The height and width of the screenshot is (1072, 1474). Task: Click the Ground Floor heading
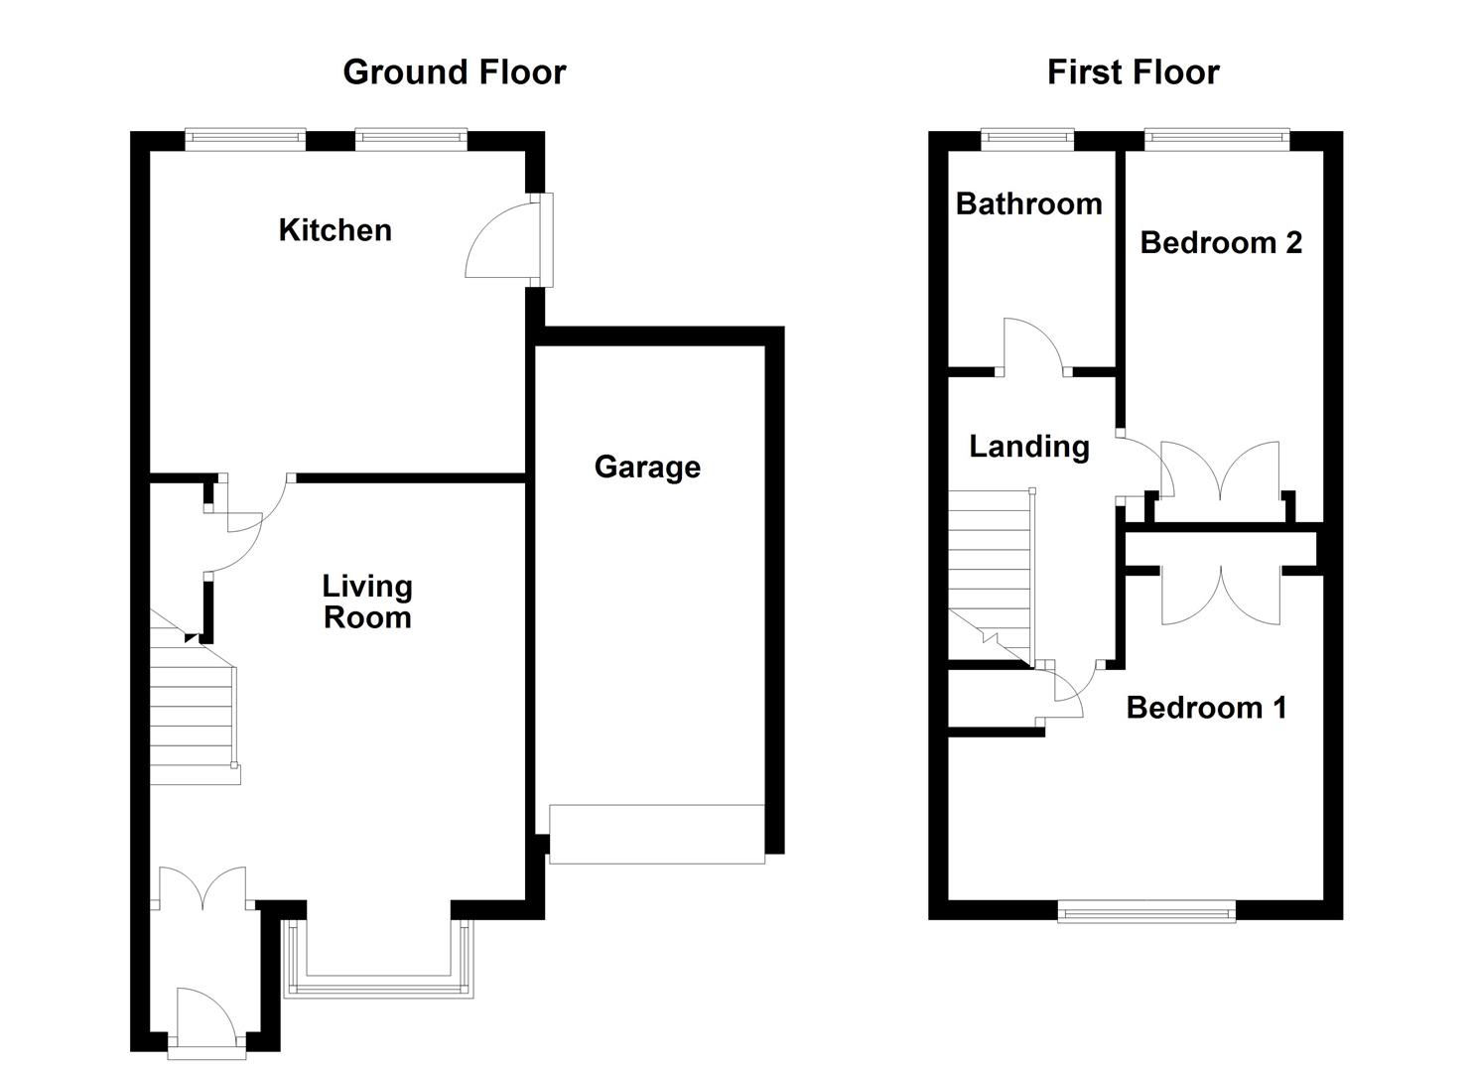(454, 72)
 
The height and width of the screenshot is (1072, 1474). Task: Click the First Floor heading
(1133, 72)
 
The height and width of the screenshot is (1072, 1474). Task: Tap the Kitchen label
(335, 230)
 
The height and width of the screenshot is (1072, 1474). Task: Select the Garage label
(647, 467)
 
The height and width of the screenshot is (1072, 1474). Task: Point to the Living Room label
(367, 602)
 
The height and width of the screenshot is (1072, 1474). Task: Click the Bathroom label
(1028, 203)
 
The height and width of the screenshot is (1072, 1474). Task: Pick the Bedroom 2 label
(1220, 242)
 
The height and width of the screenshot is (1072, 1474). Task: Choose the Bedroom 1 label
(1206, 707)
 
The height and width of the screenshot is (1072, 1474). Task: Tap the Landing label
(1028, 447)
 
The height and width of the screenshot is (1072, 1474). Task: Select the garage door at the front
(657, 834)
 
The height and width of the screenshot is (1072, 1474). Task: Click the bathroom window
(1027, 140)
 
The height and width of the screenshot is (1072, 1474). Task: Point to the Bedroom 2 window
(1216, 140)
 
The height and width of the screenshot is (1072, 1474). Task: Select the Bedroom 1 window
(1146, 910)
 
